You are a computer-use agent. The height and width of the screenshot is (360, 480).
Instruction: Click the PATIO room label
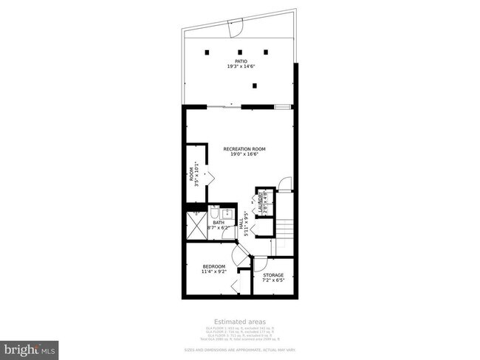[x=241, y=61]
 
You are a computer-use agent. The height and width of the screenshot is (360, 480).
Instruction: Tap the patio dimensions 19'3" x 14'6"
[x=241, y=67]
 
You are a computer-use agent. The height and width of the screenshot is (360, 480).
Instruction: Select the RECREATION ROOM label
[x=244, y=149]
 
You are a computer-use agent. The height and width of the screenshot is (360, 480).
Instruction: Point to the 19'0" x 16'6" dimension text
[x=244, y=155]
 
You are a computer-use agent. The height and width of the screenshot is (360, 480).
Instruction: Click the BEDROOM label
[x=213, y=266]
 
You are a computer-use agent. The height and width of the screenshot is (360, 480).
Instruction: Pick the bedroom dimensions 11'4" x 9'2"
[x=213, y=272]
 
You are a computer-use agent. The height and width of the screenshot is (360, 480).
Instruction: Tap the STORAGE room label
[x=273, y=275]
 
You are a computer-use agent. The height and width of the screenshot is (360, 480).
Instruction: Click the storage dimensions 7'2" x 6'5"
[x=273, y=281]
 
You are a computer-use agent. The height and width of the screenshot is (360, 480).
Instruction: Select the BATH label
[x=218, y=222]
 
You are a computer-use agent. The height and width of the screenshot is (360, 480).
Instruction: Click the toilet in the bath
[x=213, y=212]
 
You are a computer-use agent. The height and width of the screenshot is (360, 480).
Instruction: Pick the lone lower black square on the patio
[x=255, y=86]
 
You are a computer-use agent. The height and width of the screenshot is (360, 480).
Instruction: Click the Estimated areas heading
[x=239, y=322]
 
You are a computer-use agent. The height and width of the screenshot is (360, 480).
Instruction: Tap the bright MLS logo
[x=30, y=347]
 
